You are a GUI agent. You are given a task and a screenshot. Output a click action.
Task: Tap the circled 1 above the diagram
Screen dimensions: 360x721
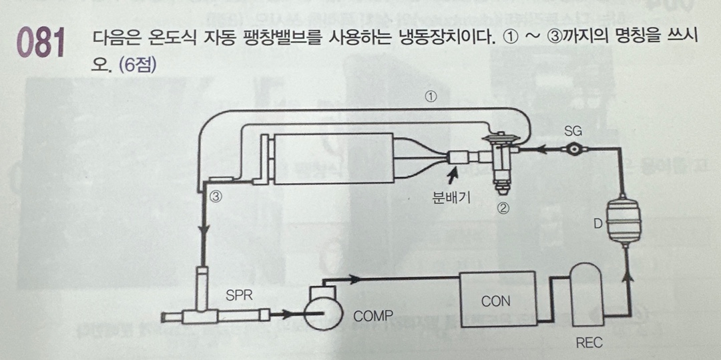pyautogui.click(x=431, y=96)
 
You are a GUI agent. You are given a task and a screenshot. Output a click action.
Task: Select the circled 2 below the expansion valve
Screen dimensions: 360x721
pyautogui.click(x=503, y=208)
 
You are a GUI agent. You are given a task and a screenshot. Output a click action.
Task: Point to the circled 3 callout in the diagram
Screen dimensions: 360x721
pyautogui.click(x=215, y=196)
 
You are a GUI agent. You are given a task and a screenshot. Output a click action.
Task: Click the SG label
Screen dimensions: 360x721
pyautogui.click(x=573, y=132)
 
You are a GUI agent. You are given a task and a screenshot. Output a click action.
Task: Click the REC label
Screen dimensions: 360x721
pyautogui.click(x=588, y=343)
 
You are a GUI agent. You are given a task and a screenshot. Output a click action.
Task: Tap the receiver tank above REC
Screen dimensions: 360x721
pyautogui.click(x=587, y=291)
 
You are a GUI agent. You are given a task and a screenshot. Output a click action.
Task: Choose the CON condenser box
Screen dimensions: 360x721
pyautogui.click(x=496, y=300)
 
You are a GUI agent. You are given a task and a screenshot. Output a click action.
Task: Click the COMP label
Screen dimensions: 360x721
pyautogui.click(x=373, y=316)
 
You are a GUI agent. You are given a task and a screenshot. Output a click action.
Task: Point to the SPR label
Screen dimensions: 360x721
pyautogui.click(x=239, y=295)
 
